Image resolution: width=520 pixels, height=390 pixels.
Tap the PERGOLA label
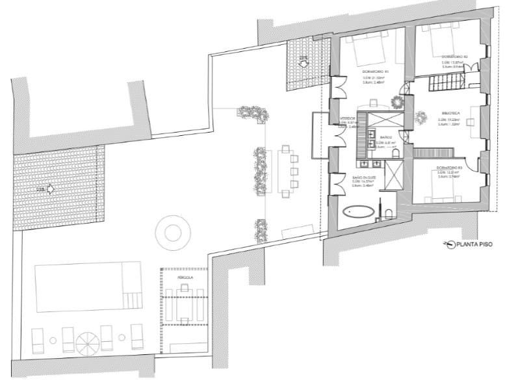coord(185,278)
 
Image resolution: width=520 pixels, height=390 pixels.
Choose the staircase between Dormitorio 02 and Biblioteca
coord(444,83)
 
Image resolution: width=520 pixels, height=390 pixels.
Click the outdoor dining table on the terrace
coord(285,171)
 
